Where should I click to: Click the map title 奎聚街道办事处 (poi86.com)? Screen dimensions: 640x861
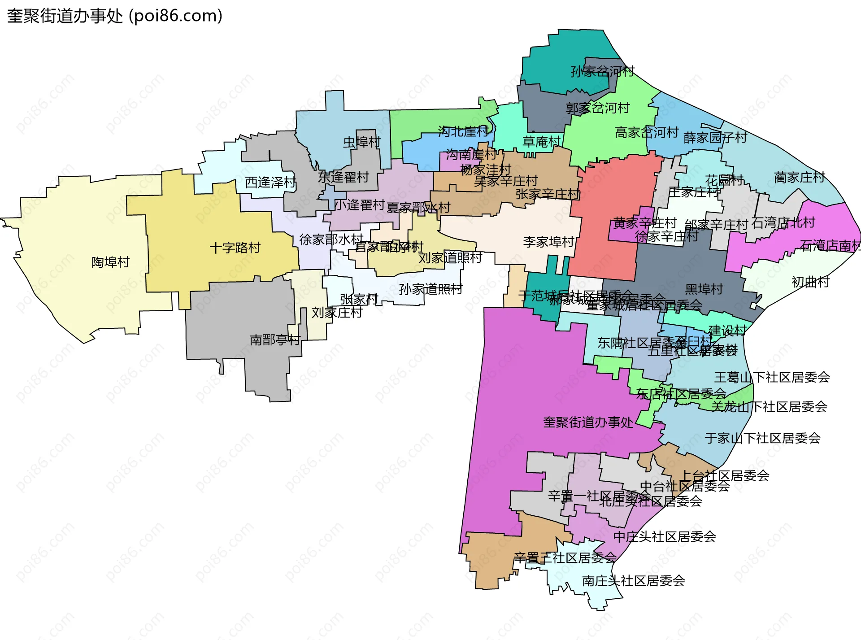click(x=115, y=16)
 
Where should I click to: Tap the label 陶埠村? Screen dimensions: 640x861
click(x=110, y=262)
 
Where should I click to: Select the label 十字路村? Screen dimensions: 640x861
click(x=235, y=248)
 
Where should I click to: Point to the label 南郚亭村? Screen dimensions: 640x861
click(x=275, y=340)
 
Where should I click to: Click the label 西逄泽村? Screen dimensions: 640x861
click(x=270, y=183)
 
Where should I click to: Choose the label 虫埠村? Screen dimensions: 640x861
click(x=362, y=142)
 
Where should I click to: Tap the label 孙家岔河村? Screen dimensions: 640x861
click(x=602, y=71)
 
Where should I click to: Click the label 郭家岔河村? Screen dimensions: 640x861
click(x=598, y=108)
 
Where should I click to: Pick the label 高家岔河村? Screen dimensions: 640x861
click(x=647, y=132)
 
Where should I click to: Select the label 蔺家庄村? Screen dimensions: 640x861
click(x=800, y=178)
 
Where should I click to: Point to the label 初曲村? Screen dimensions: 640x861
click(x=811, y=282)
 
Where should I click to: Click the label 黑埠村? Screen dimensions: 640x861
click(x=704, y=289)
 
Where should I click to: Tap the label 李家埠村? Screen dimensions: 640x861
click(x=548, y=242)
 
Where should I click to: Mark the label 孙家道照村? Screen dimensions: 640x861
click(x=430, y=289)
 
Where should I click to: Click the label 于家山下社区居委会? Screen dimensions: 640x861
click(x=762, y=438)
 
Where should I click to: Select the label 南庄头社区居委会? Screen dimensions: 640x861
click(x=633, y=581)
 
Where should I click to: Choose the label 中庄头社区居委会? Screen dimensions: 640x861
click(x=665, y=536)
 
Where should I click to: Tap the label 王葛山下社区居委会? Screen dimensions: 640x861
click(x=772, y=377)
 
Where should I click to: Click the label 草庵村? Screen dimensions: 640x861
click(x=542, y=142)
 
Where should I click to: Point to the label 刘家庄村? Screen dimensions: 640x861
click(x=337, y=313)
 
